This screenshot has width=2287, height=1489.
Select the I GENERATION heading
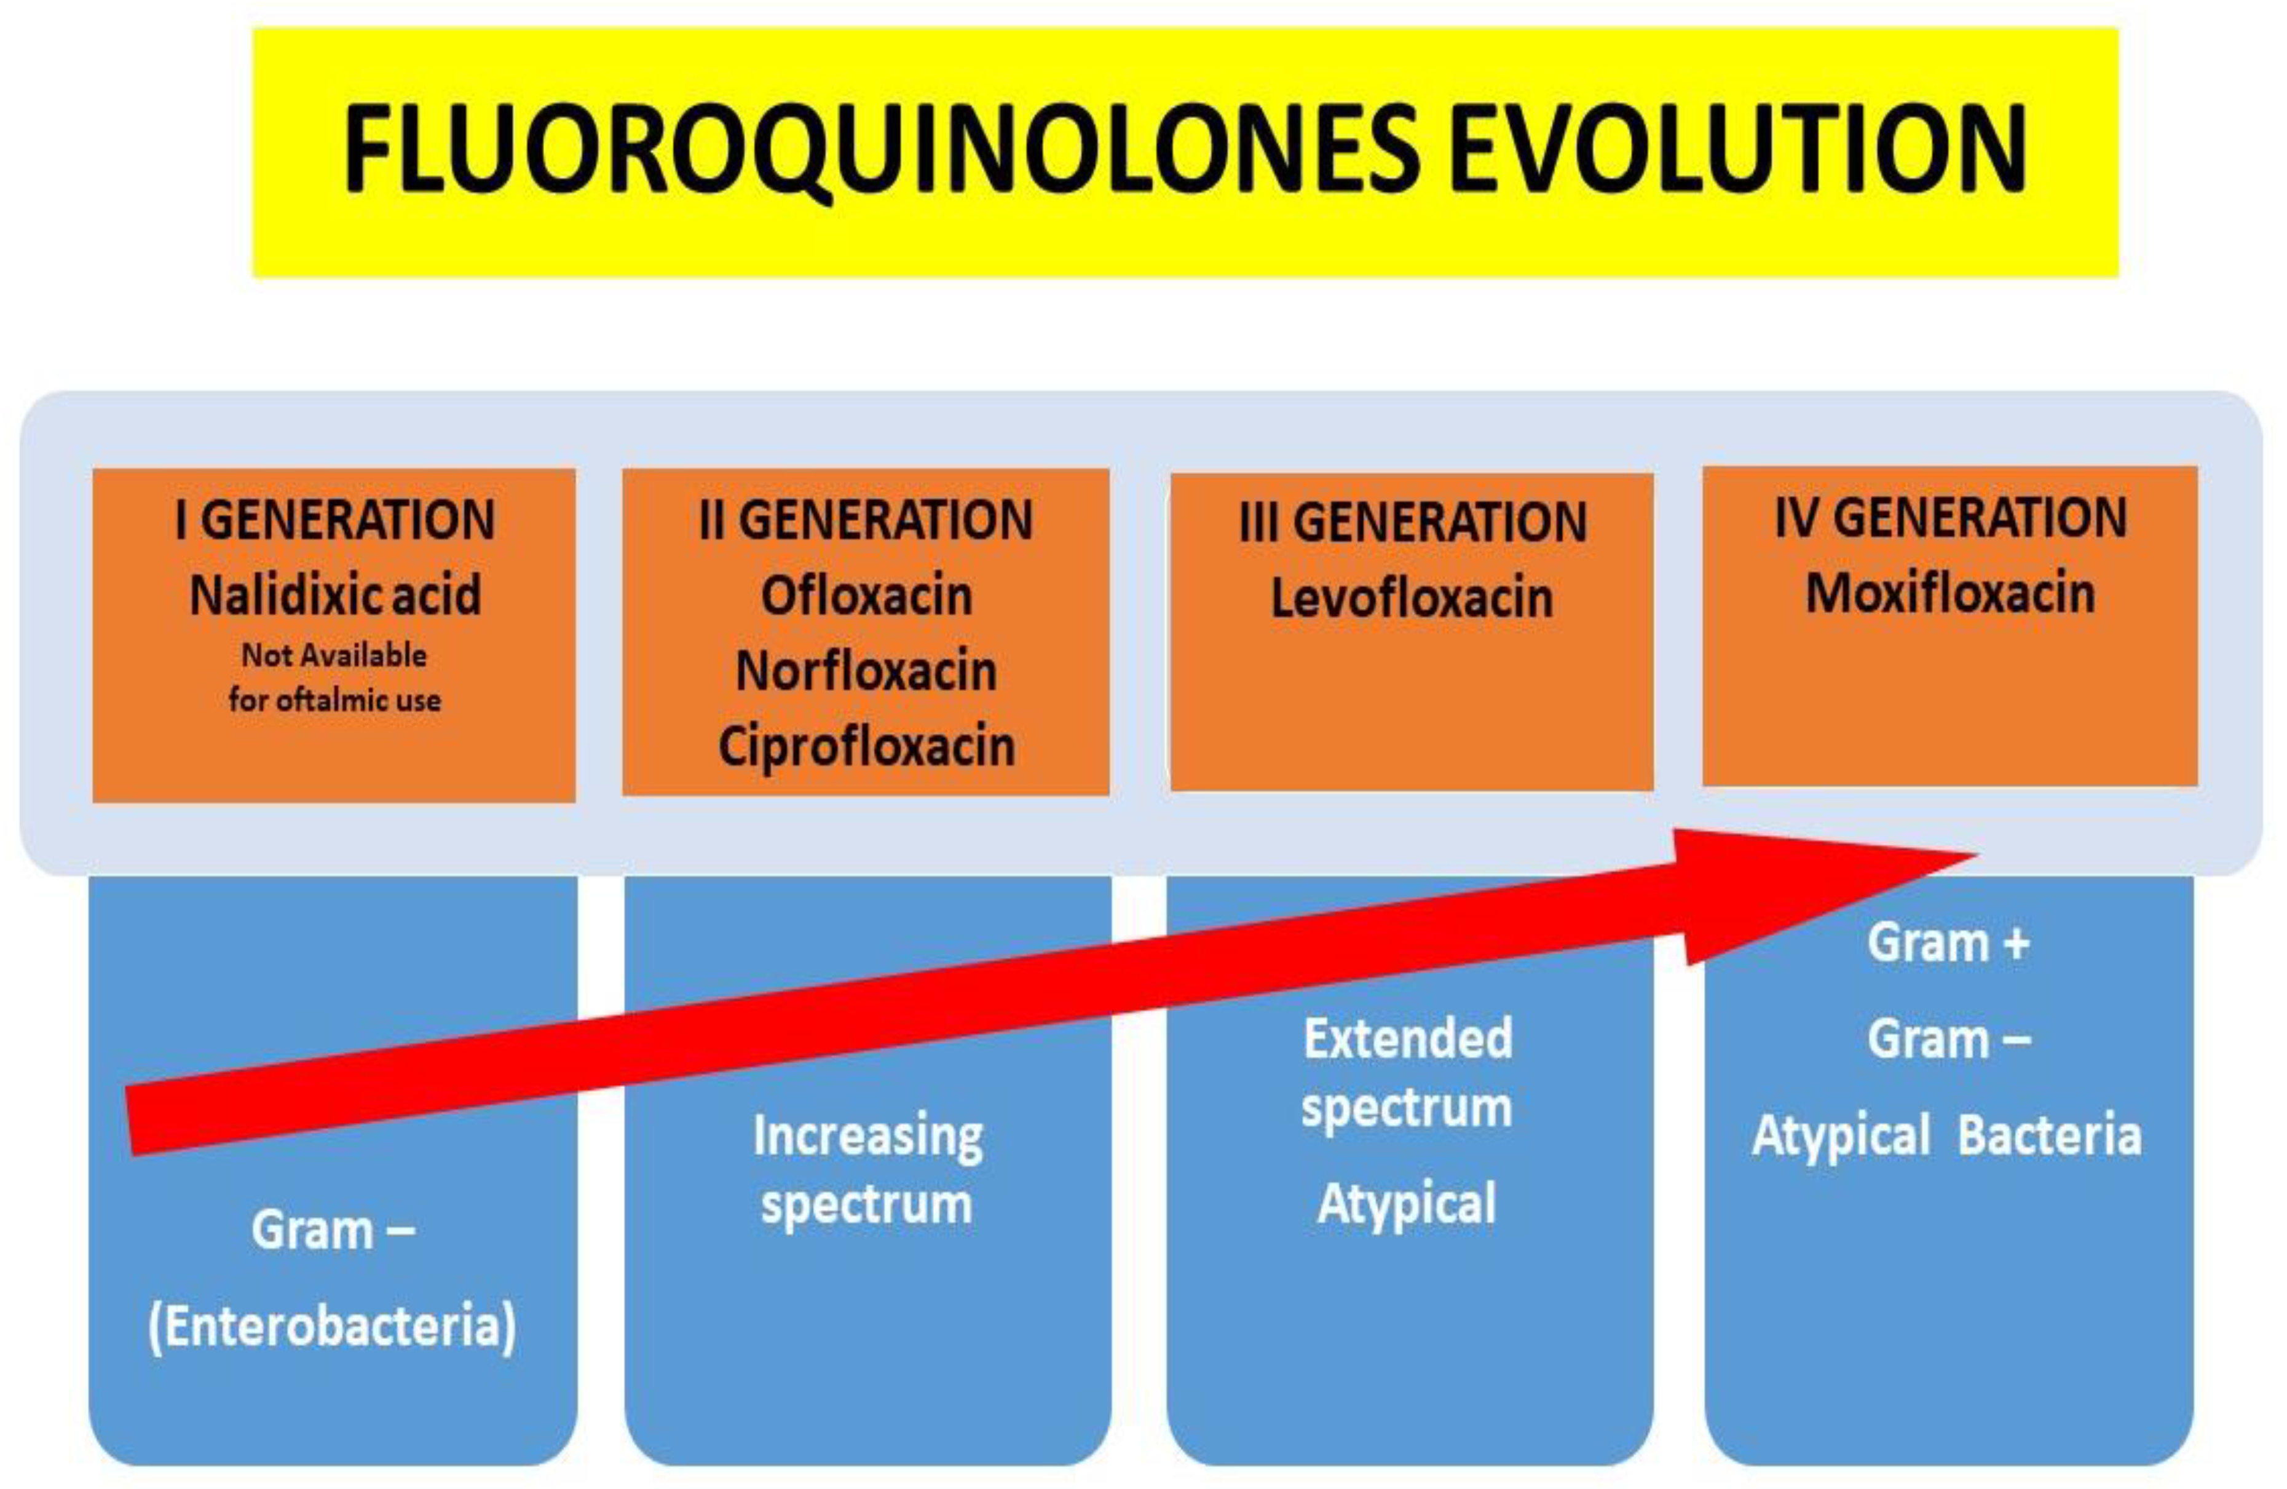point(334,519)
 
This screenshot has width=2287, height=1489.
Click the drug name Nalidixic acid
point(334,594)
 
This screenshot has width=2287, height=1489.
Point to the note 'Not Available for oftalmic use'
point(334,677)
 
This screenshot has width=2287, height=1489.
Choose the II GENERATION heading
point(866,519)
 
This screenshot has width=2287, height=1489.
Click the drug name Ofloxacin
point(866,596)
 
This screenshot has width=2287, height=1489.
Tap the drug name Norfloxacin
point(866,671)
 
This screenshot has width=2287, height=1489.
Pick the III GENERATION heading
point(1413,523)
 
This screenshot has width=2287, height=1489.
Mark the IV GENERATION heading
point(1951,517)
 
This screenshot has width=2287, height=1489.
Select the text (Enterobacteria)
point(331,1325)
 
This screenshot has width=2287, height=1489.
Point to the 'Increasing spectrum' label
point(867,1169)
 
